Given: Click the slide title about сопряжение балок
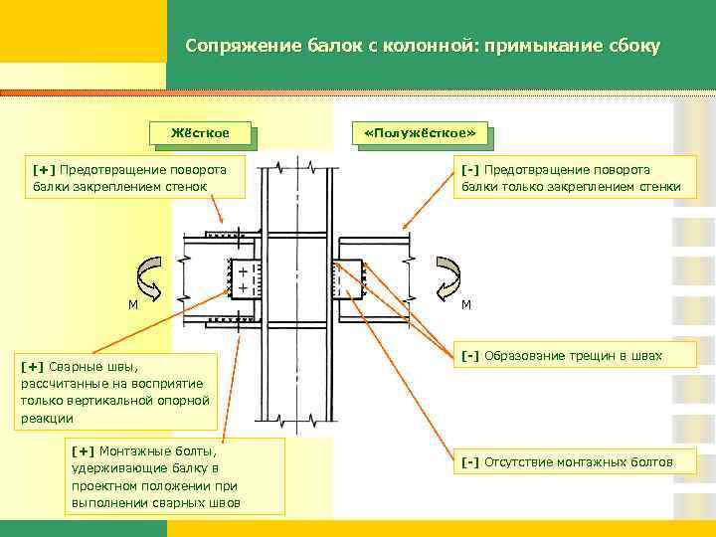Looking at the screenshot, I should (x=423, y=47).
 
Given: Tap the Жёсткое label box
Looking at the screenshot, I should (x=199, y=132).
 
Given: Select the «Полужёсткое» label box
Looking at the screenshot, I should (x=420, y=132).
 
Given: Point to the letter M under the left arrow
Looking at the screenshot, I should (x=132, y=304).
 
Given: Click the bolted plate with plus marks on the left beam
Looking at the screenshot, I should (x=244, y=278).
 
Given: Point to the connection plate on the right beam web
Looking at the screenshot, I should (x=349, y=278).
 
